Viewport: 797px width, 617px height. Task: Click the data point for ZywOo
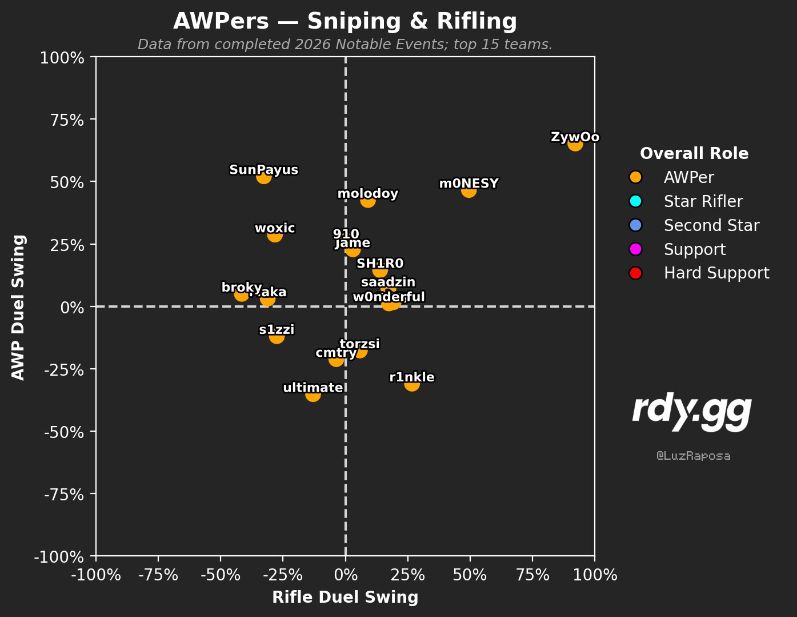[575, 144]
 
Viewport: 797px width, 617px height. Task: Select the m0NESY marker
[468, 190]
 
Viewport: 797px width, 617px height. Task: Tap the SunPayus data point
[263, 177]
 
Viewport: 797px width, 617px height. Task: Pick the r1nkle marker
[412, 384]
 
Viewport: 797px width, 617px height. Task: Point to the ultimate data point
[313, 395]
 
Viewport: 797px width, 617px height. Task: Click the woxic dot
[275, 235]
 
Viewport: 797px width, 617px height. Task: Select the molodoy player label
[367, 194]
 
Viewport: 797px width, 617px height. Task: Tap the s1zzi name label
[277, 329]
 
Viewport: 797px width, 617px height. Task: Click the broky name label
[241, 287]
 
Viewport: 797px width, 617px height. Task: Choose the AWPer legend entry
[688, 177]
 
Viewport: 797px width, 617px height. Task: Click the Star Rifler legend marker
[636, 201]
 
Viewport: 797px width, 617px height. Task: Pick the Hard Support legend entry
[716, 273]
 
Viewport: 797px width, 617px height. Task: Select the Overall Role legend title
[694, 153]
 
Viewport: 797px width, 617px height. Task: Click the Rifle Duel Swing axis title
[345, 598]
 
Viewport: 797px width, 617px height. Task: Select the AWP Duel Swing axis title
[19, 306]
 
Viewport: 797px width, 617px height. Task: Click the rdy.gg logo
[692, 412]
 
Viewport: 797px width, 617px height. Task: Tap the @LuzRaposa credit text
[693, 456]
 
